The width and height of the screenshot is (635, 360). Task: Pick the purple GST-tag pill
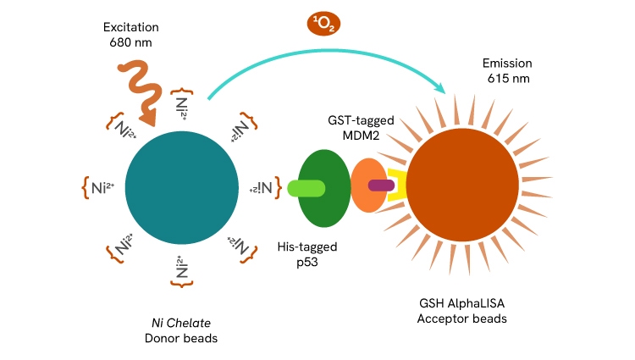click(378, 184)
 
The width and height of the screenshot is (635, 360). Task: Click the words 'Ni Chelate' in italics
click(179, 323)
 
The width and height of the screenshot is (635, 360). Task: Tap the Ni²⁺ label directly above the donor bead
click(181, 104)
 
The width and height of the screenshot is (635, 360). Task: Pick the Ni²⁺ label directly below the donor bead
click(181, 269)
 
